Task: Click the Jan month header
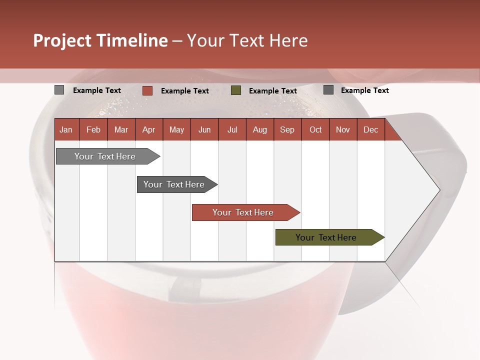pyautogui.click(x=66, y=130)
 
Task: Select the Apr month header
pyautogui.click(x=149, y=130)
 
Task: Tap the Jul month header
pyautogui.click(x=232, y=130)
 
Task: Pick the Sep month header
pyautogui.click(x=287, y=130)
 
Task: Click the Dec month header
pyautogui.click(x=370, y=130)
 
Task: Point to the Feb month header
pyautogui.click(x=93, y=130)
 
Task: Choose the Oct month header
pyautogui.click(x=315, y=130)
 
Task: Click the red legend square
pyautogui.click(x=147, y=90)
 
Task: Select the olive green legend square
pyautogui.click(x=236, y=90)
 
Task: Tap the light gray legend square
pyautogui.click(x=59, y=90)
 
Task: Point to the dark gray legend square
pyautogui.click(x=328, y=90)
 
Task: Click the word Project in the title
pyautogui.click(x=62, y=40)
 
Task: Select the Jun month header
pyautogui.click(x=204, y=130)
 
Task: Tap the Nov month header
pyautogui.click(x=343, y=130)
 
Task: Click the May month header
pyautogui.click(x=176, y=130)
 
